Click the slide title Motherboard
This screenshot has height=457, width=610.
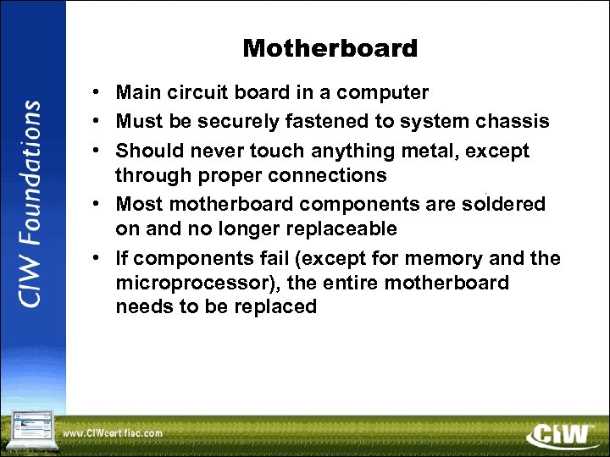tap(330, 49)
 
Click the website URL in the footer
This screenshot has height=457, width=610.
tap(113, 434)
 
